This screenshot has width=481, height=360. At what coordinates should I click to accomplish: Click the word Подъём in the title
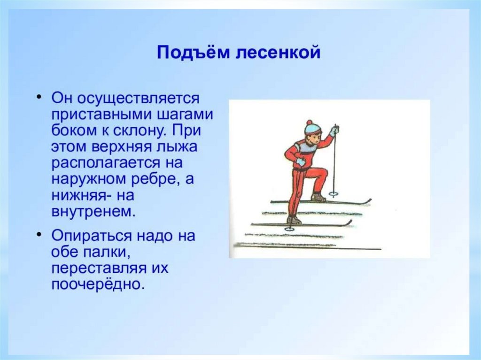193,53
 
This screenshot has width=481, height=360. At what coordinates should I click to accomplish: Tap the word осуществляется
138,99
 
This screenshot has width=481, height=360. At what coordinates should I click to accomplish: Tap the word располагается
106,163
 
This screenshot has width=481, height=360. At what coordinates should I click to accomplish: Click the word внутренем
93,211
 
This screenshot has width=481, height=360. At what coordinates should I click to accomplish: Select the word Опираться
92,236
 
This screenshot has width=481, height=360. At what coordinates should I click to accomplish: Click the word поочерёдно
98,284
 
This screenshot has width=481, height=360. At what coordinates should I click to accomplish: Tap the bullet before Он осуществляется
39,97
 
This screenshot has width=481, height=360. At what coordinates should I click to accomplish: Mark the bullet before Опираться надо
39,234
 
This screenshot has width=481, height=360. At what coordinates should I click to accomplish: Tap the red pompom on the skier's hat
309,123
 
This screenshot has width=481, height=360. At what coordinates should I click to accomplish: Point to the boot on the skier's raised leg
318,197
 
